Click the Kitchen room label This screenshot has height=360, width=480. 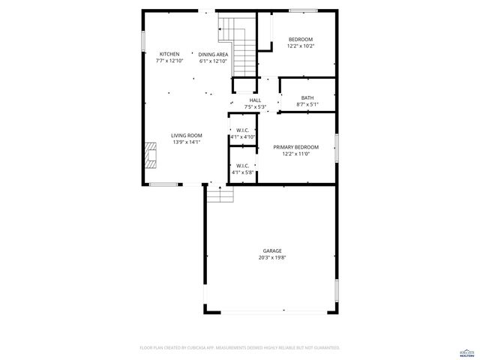(169, 54)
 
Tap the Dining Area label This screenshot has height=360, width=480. (214, 54)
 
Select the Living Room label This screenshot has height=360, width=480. (187, 135)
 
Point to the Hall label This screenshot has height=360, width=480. (255, 100)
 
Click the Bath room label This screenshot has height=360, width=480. (307, 97)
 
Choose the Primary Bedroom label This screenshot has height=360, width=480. (295, 147)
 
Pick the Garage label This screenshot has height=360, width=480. (272, 250)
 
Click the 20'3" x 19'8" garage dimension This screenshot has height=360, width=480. (272, 257)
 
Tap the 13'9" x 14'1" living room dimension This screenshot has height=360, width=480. (187, 142)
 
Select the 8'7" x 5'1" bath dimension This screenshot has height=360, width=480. (307, 104)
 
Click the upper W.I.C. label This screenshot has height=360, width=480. (242, 130)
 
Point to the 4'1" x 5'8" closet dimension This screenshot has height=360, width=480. (243, 172)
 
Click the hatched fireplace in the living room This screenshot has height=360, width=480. (151, 158)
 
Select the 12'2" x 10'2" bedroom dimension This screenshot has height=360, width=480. (301, 46)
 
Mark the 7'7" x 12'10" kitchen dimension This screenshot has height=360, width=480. (169, 61)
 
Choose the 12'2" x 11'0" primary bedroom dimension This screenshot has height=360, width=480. (295, 154)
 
